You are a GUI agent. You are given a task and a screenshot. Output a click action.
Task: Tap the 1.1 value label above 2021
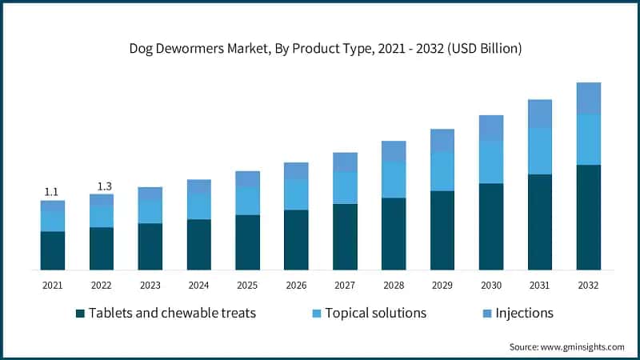[51, 191]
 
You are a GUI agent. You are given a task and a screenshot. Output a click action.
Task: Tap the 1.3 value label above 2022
[105, 186]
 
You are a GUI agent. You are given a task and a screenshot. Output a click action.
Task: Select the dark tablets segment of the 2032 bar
[588, 217]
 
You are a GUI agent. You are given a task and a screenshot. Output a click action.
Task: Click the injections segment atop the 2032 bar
[588, 98]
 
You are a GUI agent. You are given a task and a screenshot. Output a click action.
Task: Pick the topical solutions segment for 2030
[491, 162]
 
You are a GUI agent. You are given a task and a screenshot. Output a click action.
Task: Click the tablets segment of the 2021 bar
[53, 250]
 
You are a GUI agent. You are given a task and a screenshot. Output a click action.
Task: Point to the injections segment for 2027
[345, 162]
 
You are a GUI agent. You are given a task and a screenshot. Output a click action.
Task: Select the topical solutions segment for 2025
[247, 201]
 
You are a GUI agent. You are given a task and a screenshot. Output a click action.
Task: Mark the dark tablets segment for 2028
[394, 234]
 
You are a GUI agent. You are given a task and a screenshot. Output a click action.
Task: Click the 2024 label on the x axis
[198, 285]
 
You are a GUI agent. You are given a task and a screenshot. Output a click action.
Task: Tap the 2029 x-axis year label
[442, 285]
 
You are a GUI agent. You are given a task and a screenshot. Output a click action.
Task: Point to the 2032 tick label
[588, 285]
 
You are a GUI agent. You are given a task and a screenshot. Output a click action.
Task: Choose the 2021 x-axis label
[53, 285]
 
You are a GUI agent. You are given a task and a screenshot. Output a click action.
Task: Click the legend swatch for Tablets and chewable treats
[80, 313]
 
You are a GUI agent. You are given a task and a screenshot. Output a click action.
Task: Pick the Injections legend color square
[488, 313]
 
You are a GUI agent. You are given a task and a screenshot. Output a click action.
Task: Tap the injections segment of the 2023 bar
[150, 194]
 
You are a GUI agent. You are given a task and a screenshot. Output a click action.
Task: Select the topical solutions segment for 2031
[540, 151]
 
